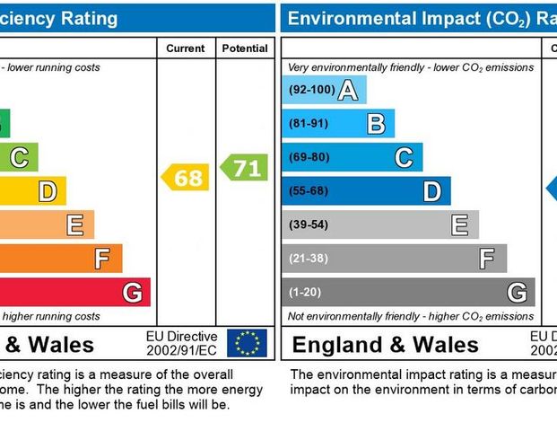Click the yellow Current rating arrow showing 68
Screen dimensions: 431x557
pyautogui.click(x=186, y=178)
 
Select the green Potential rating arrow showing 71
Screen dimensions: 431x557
pyautogui.click(x=244, y=167)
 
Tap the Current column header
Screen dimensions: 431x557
pyautogui.click(x=186, y=48)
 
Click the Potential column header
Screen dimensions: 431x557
pyautogui.click(x=244, y=48)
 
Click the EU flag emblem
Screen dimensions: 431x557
pyautogui.click(x=247, y=343)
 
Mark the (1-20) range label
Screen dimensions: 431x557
pyautogui.click(x=305, y=292)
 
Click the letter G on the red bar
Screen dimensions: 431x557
pyautogui.click(x=132, y=293)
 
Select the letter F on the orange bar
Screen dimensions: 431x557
pyautogui.click(x=103, y=259)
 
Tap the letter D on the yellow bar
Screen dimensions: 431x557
pyautogui.click(x=47, y=191)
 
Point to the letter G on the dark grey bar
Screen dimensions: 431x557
pyautogui.click(x=517, y=292)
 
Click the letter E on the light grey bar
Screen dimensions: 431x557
pyautogui.click(x=460, y=224)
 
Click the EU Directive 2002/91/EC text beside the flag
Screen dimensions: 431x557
pyautogui.click(x=181, y=343)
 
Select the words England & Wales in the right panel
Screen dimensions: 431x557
pyautogui.click(x=386, y=345)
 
